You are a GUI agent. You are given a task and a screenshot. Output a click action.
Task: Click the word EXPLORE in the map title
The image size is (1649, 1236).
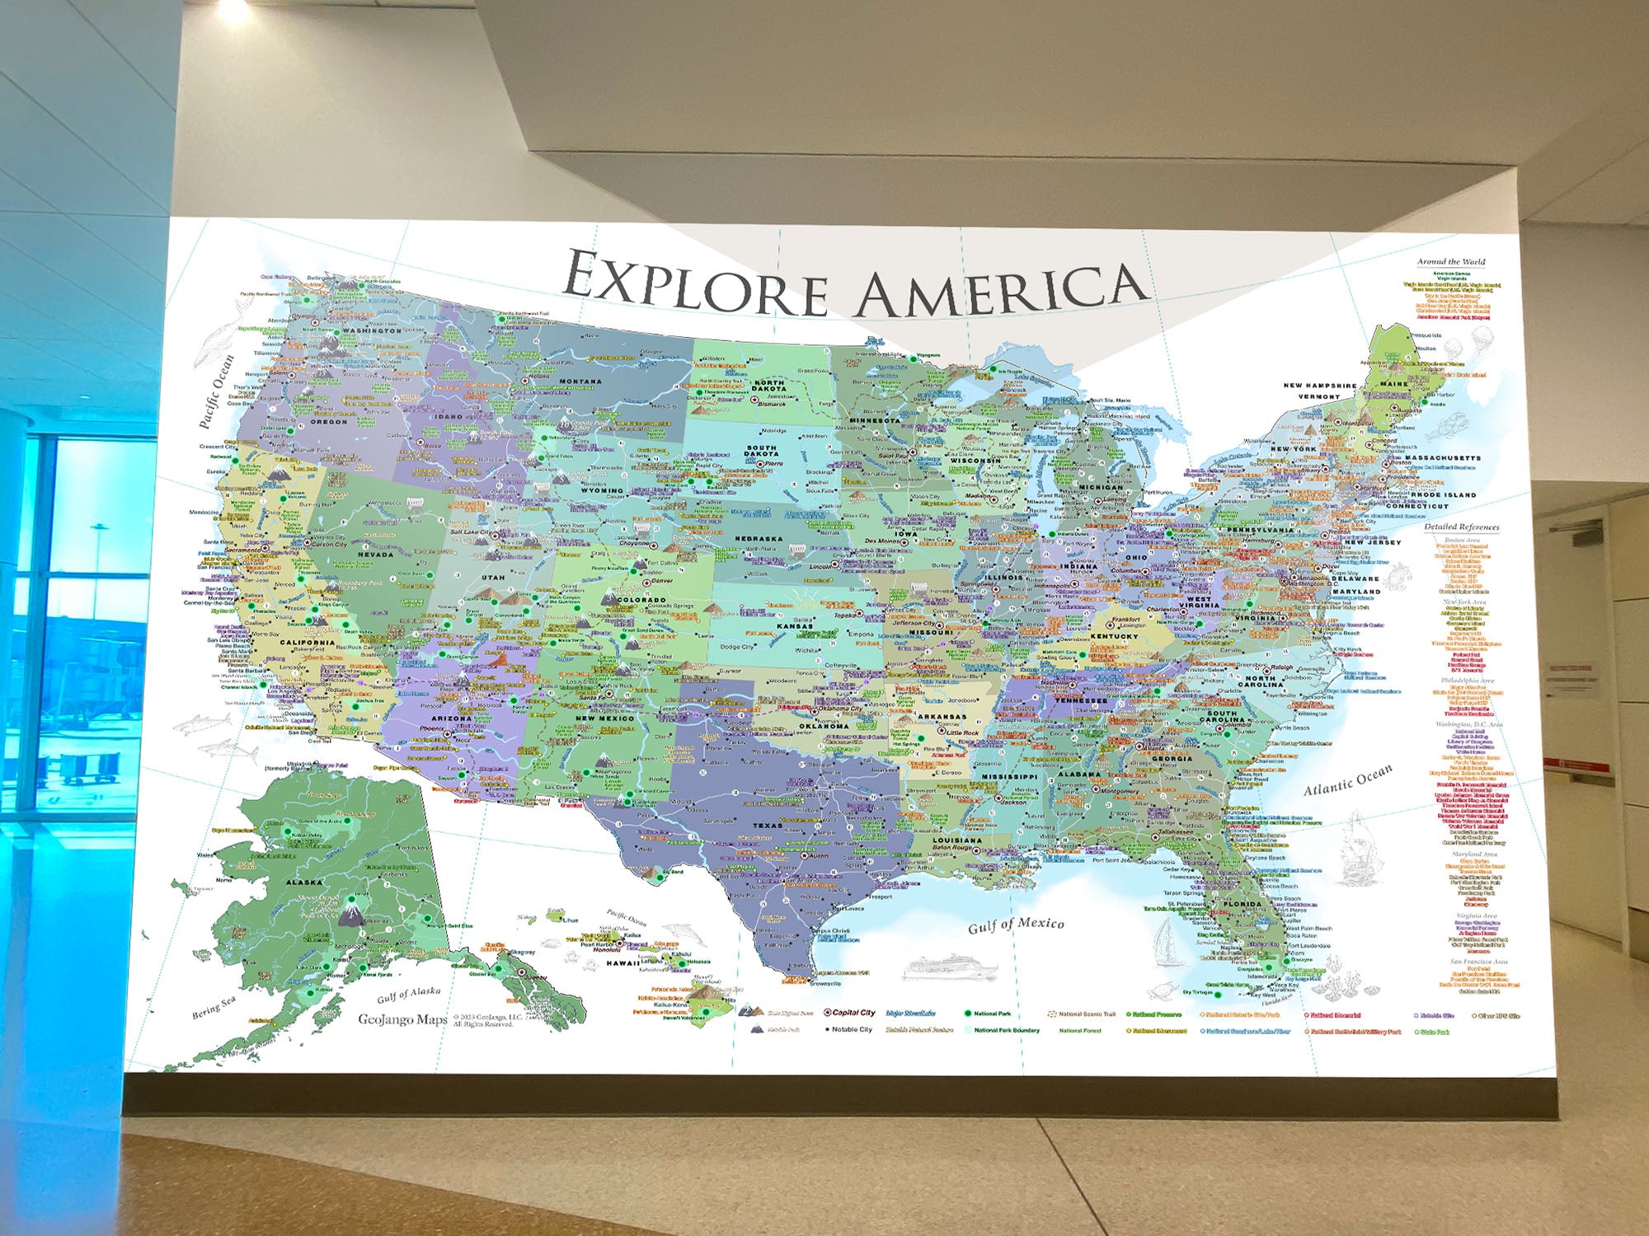pyautogui.click(x=697, y=284)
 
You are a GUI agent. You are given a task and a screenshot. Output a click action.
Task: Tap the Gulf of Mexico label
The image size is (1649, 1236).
pyautogui.click(x=1016, y=925)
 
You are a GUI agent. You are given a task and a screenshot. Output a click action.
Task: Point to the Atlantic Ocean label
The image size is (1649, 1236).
pyautogui.click(x=1347, y=780)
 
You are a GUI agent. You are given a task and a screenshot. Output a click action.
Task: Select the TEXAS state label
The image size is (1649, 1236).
pyautogui.click(x=767, y=825)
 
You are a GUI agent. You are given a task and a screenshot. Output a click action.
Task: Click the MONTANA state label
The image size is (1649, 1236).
pyautogui.click(x=580, y=382)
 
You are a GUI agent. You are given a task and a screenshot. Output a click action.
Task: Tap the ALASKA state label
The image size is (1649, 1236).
pyautogui.click(x=303, y=882)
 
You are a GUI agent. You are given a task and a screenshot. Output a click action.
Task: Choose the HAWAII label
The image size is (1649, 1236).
pyautogui.click(x=623, y=962)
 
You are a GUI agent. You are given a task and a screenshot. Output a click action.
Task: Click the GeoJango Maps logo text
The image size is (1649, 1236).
pyautogui.click(x=402, y=1019)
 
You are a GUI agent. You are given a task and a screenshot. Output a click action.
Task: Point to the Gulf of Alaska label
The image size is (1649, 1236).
pyautogui.click(x=408, y=995)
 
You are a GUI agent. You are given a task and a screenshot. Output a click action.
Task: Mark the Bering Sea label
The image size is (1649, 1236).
pyautogui.click(x=214, y=1007)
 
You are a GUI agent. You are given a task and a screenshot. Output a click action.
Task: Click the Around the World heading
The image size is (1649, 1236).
pyautogui.click(x=1451, y=262)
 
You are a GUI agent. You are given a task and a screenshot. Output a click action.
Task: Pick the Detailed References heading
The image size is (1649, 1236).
pyautogui.click(x=1461, y=527)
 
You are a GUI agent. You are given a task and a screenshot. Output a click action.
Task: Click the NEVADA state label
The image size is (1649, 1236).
pyautogui.click(x=375, y=555)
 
